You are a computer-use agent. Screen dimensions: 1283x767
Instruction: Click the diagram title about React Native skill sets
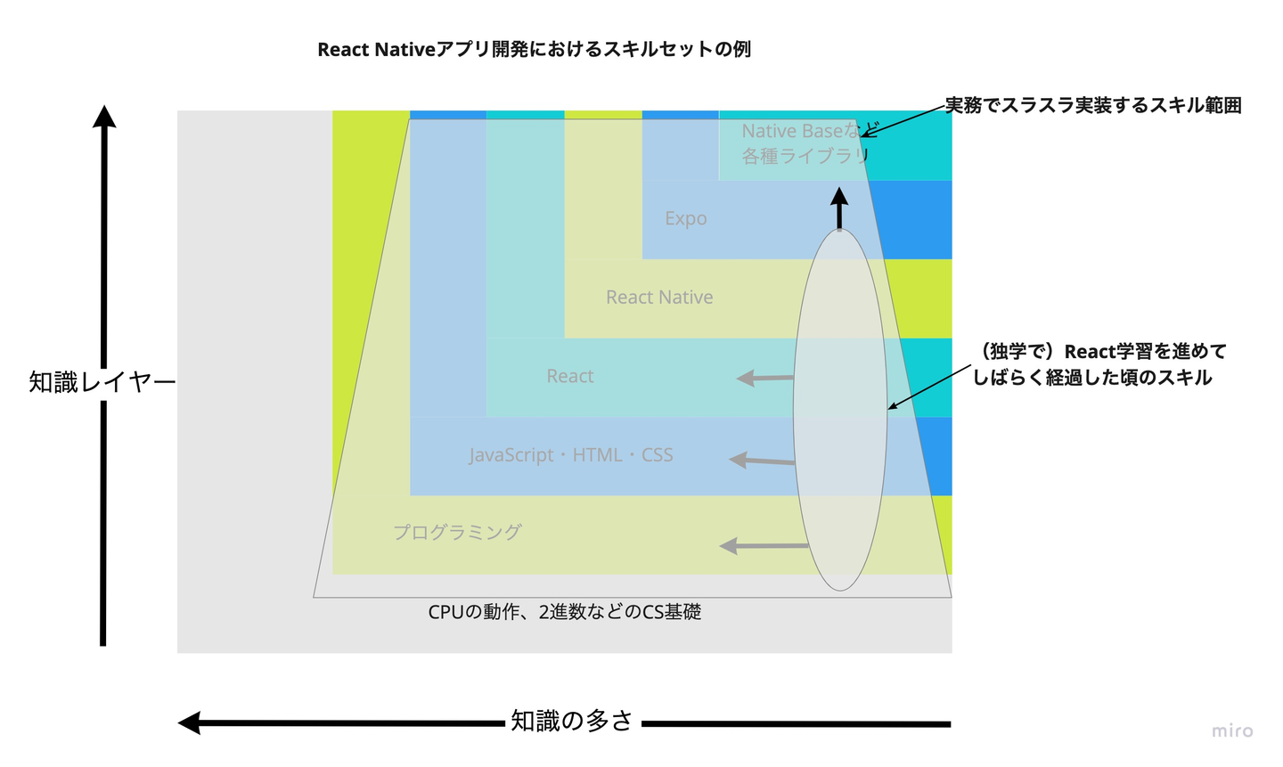[x=534, y=50]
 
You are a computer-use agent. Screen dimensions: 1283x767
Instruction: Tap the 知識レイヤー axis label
[x=102, y=382]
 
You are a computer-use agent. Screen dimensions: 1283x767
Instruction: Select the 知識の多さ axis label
[x=571, y=721]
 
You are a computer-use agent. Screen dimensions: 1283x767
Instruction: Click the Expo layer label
[x=685, y=219]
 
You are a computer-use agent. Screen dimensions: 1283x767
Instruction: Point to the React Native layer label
[x=659, y=298]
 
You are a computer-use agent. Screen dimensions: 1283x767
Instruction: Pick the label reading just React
[x=570, y=377]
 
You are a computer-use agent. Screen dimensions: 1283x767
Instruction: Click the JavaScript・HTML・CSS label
[x=571, y=455]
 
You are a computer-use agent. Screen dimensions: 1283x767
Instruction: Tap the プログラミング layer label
[x=457, y=533]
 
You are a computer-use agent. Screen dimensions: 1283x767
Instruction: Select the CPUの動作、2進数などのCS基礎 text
[x=564, y=613]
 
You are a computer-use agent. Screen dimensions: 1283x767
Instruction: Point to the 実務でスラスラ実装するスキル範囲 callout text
[x=1092, y=106]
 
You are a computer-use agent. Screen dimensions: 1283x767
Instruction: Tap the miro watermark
[x=1231, y=731]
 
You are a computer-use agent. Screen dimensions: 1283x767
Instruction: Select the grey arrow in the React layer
[x=764, y=378]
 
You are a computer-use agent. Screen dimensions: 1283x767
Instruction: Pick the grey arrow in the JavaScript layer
[x=762, y=461]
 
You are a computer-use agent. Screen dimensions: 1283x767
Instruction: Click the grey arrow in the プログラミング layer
[x=764, y=545]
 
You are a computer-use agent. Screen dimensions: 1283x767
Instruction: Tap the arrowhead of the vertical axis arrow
[x=105, y=117]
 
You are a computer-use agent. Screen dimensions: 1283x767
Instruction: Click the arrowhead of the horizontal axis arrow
[x=190, y=722]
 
